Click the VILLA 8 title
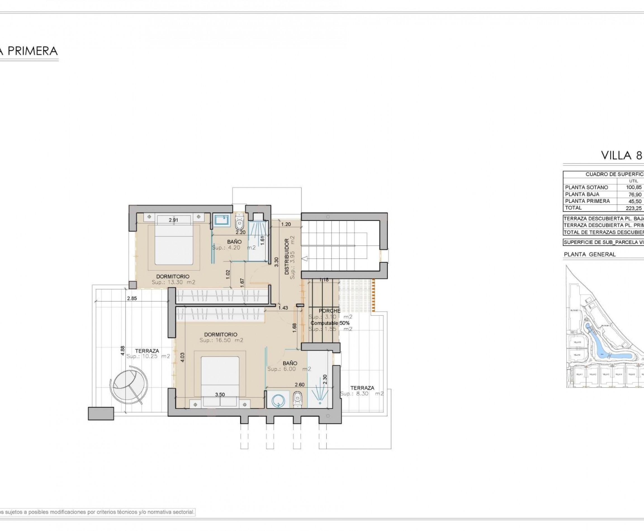coord(621,156)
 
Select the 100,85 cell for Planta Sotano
coord(633,187)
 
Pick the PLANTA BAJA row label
coord(582,194)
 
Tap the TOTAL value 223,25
coord(633,208)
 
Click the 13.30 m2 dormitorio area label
coord(174,282)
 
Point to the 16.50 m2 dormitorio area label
coord(221,340)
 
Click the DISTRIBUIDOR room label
coord(287,257)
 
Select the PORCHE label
coord(330,311)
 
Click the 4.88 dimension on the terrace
coord(122,350)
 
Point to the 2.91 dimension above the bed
coord(173,220)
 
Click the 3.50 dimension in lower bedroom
coord(220,395)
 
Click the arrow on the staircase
coord(304,259)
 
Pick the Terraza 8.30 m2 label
coord(362,391)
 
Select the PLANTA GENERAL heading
coord(589,254)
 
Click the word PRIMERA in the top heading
coord(32,51)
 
